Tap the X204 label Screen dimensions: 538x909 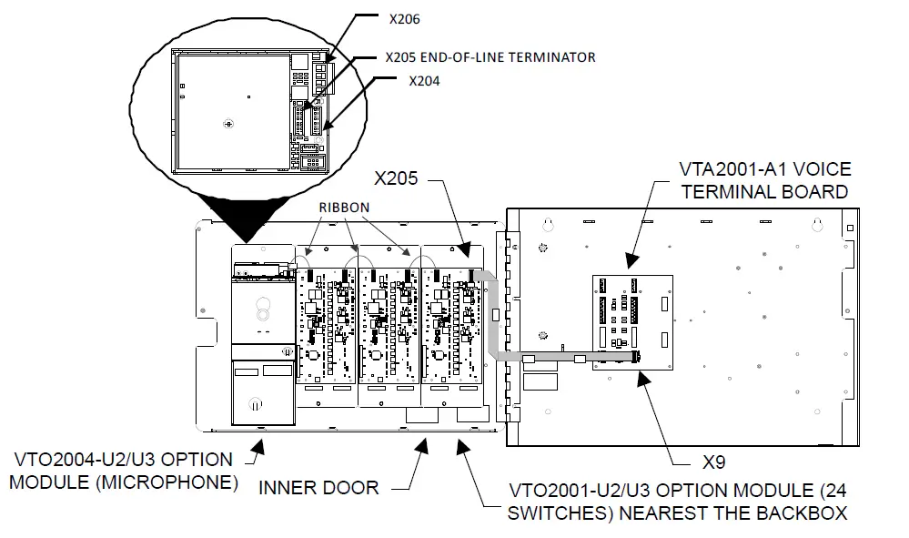click(x=424, y=80)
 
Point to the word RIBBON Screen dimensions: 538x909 click(x=344, y=207)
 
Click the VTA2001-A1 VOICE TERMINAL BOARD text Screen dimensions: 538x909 click(x=764, y=180)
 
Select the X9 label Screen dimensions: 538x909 click(x=714, y=462)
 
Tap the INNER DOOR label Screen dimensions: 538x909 click(x=318, y=487)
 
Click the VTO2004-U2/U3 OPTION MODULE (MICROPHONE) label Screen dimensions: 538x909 click(x=123, y=471)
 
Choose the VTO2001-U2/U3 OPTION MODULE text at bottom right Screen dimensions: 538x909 click(x=677, y=500)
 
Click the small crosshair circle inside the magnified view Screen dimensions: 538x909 click(x=228, y=123)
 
